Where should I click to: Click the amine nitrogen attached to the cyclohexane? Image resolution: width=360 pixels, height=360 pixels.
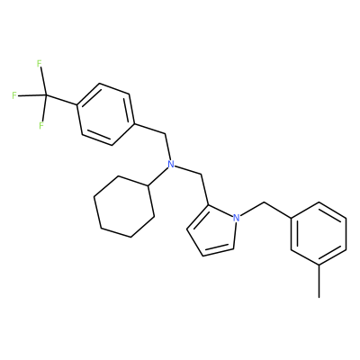[171, 164]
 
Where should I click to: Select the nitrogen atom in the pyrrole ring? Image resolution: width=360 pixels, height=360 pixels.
[237, 218]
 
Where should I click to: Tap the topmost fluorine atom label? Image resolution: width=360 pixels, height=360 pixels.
[39, 64]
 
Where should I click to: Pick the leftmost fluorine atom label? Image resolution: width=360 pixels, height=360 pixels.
[14, 95]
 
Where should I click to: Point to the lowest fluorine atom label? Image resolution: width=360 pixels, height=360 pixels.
[41, 125]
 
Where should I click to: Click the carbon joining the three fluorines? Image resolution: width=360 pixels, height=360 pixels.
[46, 95]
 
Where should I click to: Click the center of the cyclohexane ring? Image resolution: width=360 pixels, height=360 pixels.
[124, 207]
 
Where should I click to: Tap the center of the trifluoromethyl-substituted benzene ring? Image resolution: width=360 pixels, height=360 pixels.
[105, 114]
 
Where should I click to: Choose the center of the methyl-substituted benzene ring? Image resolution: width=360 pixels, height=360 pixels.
[319, 234]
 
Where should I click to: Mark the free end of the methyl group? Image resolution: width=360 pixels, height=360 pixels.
[319, 297]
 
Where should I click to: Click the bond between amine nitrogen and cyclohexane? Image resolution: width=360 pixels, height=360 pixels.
[157, 176]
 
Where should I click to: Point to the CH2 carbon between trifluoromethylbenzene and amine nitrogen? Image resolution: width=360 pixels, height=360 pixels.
[165, 134]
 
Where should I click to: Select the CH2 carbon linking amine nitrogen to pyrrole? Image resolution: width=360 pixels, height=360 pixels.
[200, 175]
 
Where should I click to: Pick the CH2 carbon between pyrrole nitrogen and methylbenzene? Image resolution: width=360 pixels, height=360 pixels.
[265, 203]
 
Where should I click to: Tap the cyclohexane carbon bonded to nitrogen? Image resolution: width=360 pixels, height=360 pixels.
[148, 185]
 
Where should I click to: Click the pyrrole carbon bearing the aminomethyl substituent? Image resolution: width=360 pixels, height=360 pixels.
[207, 205]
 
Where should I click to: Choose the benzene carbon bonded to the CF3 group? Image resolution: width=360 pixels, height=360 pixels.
[77, 104]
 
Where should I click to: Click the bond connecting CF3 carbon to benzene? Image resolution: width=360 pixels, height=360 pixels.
[61, 100]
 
